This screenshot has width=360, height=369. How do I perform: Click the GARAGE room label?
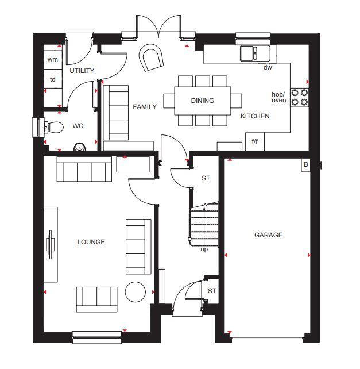coord(268,235)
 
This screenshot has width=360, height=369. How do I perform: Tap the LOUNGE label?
coord(91,242)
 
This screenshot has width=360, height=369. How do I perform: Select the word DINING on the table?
coord(203,101)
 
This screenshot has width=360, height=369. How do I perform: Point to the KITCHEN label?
coord(255,116)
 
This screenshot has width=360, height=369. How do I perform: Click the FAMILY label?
coord(145,107)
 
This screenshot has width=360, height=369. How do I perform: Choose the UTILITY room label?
coord(82,71)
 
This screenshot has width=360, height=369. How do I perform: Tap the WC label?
coord(78,126)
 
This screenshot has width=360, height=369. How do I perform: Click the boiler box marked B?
coord(305,165)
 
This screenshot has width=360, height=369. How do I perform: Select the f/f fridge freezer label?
coord(255,141)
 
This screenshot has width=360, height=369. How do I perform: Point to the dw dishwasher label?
coord(268,68)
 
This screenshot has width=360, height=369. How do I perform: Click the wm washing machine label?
coord(52,59)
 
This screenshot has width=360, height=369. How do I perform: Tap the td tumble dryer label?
coord(52,79)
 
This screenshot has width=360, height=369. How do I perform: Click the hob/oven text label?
coord(278,97)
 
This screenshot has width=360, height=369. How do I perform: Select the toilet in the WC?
coord(53,128)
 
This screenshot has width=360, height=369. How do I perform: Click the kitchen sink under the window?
coord(256,53)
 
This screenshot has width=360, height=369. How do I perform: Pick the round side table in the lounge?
coord(135,292)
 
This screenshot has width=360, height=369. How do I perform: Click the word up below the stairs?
coord(204,249)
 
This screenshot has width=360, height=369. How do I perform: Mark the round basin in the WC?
coord(80,147)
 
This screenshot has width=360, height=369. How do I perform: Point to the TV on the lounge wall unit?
coord(51,245)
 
